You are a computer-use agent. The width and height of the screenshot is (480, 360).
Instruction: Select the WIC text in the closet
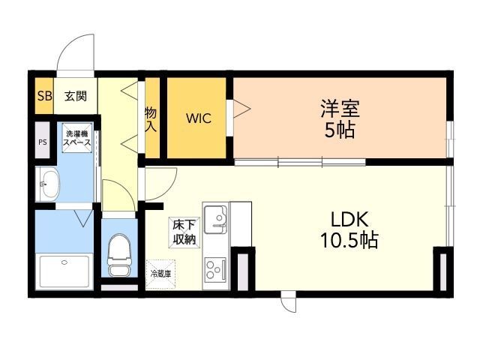pos(199,118)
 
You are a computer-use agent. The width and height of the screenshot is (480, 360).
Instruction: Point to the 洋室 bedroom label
pos(340,109)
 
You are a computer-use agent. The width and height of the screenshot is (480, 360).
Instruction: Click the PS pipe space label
pos(42,142)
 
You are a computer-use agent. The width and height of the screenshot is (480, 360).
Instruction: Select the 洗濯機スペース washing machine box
pos(77,138)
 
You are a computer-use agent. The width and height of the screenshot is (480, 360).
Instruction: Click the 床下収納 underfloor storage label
pos(184,232)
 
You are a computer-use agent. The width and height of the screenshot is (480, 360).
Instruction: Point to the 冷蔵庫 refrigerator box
pos(160,274)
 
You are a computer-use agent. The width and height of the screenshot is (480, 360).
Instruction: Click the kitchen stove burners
pos(216,268)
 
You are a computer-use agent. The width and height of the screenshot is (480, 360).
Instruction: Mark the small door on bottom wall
pos(288,302)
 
